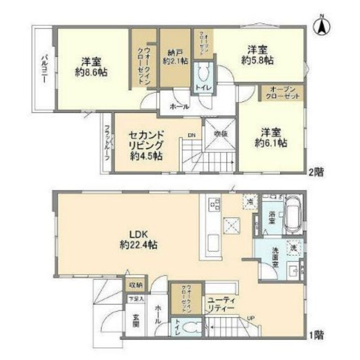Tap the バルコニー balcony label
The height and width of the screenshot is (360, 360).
click(44, 68)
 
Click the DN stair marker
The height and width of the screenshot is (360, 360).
click(192, 136)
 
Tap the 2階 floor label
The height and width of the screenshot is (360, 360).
click(316, 172)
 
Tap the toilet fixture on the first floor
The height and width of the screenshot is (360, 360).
click(190, 328)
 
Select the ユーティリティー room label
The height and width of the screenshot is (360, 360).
click(220, 304)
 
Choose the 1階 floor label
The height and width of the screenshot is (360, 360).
click(316, 336)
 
